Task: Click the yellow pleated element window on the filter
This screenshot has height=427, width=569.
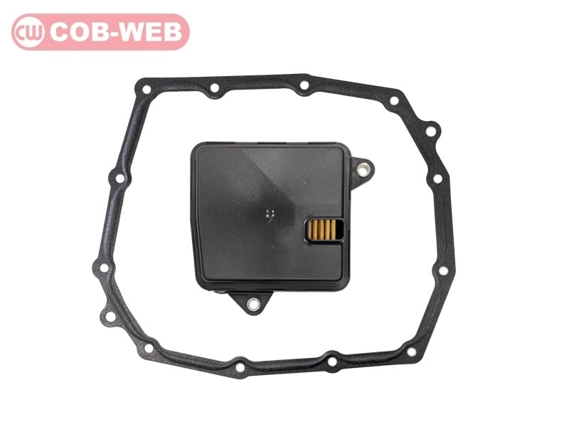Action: pos(323,229)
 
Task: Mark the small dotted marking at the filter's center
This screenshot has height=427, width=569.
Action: pos(269,214)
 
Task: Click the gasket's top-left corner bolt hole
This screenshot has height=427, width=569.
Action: pos(147,90)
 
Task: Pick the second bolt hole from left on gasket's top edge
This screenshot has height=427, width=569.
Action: pos(215,88)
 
